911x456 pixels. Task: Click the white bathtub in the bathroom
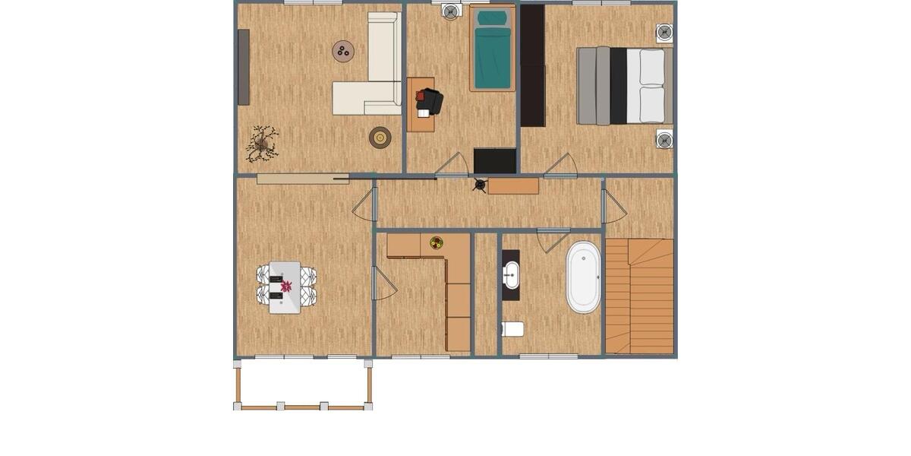583,277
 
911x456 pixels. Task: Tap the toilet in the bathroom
513,329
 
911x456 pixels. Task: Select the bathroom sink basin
512,274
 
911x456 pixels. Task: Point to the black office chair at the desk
430,101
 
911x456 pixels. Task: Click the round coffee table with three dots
343,51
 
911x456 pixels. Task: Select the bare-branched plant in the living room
263,143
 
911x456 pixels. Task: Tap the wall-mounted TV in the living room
244,67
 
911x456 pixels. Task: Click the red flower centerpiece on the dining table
286,287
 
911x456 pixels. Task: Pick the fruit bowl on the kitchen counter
437,243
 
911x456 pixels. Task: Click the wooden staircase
640,296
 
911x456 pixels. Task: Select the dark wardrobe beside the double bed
532,65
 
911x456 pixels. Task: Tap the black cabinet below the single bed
495,161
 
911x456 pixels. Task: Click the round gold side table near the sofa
380,138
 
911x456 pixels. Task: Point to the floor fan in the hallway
479,185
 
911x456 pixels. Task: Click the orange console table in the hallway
513,185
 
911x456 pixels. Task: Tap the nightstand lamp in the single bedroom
451,11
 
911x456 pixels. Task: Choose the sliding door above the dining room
302,179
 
